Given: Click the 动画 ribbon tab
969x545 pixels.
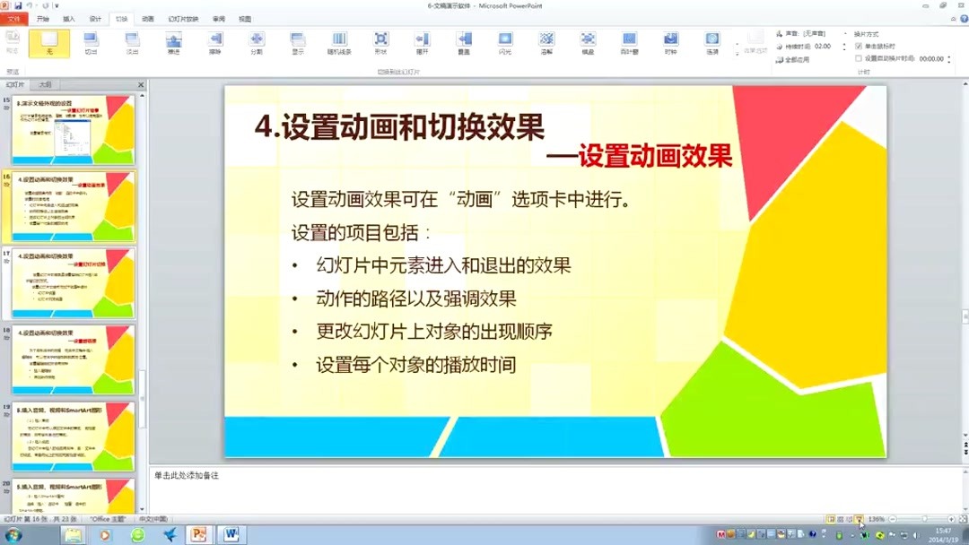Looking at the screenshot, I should (x=148, y=18).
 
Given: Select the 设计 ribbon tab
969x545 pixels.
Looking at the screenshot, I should (x=95, y=18).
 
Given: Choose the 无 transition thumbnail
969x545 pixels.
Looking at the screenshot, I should (x=48, y=43).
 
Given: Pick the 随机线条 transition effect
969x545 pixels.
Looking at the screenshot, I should (x=339, y=43).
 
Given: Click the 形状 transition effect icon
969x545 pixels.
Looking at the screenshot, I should (x=381, y=43).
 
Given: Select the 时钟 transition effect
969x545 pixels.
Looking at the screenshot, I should (x=670, y=43).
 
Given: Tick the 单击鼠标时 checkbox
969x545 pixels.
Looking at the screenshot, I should (x=859, y=46).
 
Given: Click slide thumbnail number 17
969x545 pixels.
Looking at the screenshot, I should (x=74, y=283).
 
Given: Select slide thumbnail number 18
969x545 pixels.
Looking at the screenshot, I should (x=74, y=359).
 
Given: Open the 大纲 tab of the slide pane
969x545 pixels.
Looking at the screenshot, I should (x=45, y=85).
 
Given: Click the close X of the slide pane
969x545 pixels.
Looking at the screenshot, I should (x=141, y=85).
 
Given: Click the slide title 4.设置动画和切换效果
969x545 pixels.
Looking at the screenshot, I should (x=400, y=127).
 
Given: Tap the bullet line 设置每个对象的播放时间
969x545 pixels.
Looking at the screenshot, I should (x=416, y=365).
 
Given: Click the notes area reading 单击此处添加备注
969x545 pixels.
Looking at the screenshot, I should (x=187, y=475).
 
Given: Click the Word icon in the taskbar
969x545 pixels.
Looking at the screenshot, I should (x=231, y=534).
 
